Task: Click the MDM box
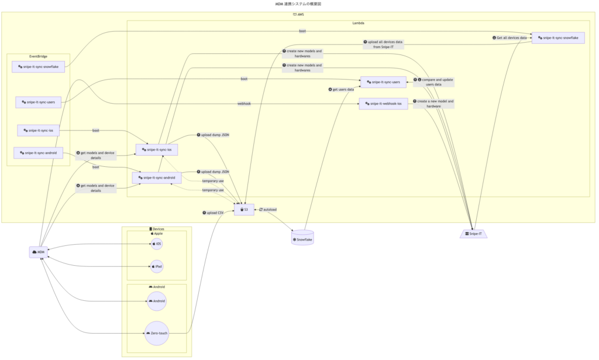(39, 252)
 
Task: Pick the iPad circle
(157, 266)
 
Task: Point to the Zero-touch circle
(156, 333)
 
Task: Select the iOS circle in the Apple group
(156, 243)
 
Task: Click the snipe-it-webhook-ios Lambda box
(383, 104)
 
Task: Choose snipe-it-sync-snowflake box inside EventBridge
(38, 67)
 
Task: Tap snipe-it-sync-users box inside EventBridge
(39, 102)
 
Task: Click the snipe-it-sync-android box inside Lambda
(157, 177)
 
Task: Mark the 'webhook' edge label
(244, 104)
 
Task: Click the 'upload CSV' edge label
(213, 212)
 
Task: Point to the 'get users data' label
(343, 90)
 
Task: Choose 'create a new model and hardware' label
(433, 104)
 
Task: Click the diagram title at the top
(298, 4)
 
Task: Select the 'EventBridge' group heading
(38, 57)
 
